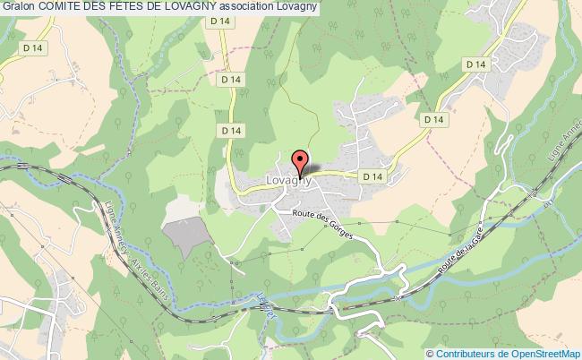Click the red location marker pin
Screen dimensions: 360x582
pos(299,162)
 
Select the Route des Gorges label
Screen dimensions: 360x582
pos(323,223)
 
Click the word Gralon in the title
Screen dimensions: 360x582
pos(19,8)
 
